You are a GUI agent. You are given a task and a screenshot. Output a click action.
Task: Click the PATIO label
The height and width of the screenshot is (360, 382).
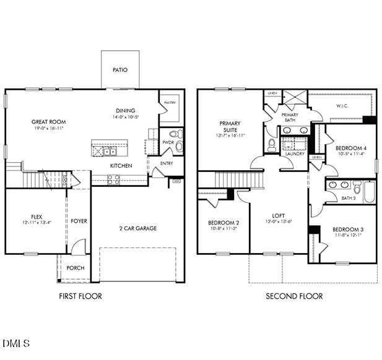pos(120,70)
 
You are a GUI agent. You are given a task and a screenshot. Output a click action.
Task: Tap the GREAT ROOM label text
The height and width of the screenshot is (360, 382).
pos(48,122)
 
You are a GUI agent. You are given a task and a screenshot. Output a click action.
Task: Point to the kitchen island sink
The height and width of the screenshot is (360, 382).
pos(109,150)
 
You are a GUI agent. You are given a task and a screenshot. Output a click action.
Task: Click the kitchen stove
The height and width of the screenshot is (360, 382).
pos(114,179)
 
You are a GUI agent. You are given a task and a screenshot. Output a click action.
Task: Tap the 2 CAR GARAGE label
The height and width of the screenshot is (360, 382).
pos(137,228)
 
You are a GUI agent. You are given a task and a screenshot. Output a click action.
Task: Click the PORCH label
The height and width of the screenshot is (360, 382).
pos(75,268)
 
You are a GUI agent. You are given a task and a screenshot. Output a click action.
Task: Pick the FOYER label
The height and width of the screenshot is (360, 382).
pos(78,221)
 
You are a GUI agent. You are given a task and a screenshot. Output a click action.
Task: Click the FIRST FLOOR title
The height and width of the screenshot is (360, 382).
pos(80,296)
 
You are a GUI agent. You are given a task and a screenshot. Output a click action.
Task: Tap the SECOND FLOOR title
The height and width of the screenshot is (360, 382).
pos(294,296)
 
